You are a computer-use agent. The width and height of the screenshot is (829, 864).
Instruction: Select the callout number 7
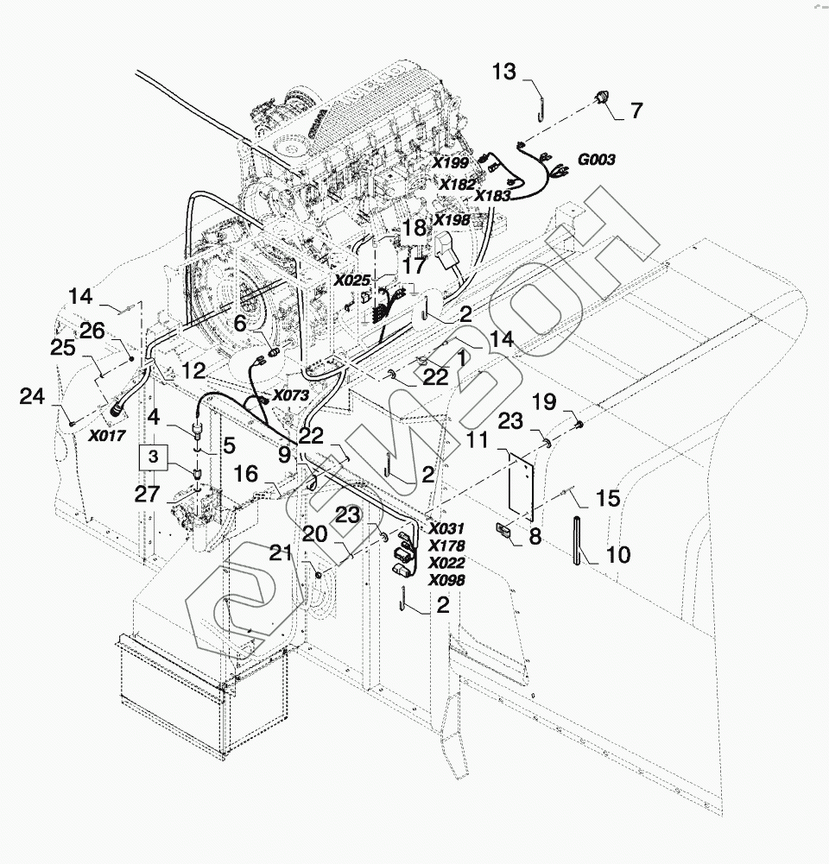point(636,111)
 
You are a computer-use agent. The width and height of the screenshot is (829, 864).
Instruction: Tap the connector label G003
point(596,161)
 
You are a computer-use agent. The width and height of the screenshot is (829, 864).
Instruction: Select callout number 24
point(33,397)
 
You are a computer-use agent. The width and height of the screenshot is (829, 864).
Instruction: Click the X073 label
point(290,395)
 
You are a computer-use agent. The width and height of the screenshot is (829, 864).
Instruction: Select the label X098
point(446,580)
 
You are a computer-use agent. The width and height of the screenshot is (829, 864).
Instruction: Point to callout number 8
point(535,536)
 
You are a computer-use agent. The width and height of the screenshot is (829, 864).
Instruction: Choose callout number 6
point(240,322)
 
